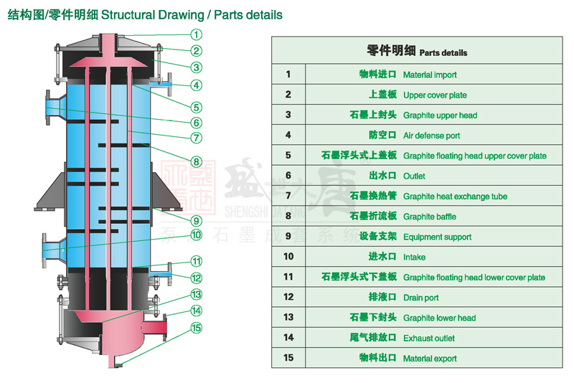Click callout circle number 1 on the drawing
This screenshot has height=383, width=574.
pos(196,34)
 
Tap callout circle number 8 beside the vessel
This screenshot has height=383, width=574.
pos(196,161)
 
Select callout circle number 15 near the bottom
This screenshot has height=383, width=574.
pos(196,328)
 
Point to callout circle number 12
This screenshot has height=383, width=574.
pos(196,278)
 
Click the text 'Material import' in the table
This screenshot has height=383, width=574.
pos(429,75)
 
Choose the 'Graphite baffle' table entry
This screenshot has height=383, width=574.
pos(429,217)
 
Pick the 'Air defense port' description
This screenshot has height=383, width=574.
pos(431,136)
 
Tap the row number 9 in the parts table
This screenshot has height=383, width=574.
pos(288,236)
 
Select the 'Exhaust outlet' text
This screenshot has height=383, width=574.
pos(429,338)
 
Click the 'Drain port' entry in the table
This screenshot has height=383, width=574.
pos(421,298)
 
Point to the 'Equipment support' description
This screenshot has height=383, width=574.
pos(437,237)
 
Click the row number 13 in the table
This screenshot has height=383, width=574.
pos(288,317)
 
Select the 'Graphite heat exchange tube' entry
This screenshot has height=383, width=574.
pos(455,197)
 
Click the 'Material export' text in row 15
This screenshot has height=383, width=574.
pos(430,359)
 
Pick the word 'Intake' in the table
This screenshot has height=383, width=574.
pos(414,257)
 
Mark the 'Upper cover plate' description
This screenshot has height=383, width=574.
pos(435,95)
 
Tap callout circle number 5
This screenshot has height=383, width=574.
pos(196,107)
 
